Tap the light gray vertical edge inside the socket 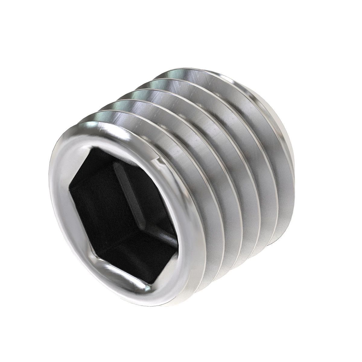pos(127,193)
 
